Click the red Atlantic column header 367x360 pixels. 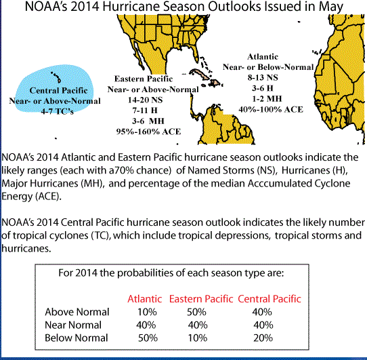[145, 299]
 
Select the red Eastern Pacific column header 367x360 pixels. [201, 299]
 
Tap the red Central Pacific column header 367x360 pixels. [269, 299]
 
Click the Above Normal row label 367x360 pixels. [77, 312]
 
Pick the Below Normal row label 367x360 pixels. [77, 338]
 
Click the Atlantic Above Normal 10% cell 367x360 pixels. [147, 312]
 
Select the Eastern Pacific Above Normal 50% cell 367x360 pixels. [196, 312]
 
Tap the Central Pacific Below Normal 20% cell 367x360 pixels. [263, 338]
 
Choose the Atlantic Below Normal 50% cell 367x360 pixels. [148, 338]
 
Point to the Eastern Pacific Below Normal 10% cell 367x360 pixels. [198, 338]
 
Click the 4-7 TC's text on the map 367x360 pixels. [58, 111]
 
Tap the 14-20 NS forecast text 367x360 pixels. [145, 100]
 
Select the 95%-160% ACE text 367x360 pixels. [148, 132]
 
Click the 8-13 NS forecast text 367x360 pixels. [263, 77]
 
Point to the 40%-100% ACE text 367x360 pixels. [271, 109]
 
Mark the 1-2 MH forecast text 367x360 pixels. [267, 98]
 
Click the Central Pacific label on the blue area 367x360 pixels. [58, 90]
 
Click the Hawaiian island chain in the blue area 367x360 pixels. [56, 77]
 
